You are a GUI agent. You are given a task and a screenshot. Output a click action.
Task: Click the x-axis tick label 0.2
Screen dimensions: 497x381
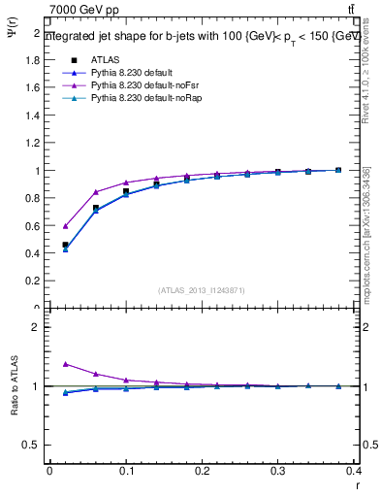coord(202,471)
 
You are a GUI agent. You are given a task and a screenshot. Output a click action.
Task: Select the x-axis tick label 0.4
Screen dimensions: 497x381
coord(353,471)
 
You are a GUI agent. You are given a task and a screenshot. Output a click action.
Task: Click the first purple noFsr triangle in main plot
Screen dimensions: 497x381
coord(66,225)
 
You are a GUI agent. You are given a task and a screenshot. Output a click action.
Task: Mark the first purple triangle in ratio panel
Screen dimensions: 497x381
coord(66,364)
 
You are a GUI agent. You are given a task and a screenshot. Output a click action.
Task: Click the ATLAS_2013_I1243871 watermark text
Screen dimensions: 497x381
coord(202,290)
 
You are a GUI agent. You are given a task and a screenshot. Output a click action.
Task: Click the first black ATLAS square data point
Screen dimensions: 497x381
coord(66,246)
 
